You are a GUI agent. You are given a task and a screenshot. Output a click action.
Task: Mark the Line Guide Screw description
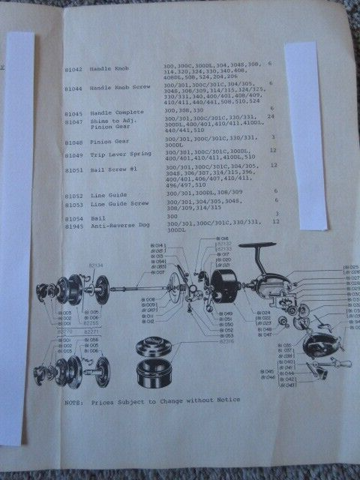click(x=125, y=203)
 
